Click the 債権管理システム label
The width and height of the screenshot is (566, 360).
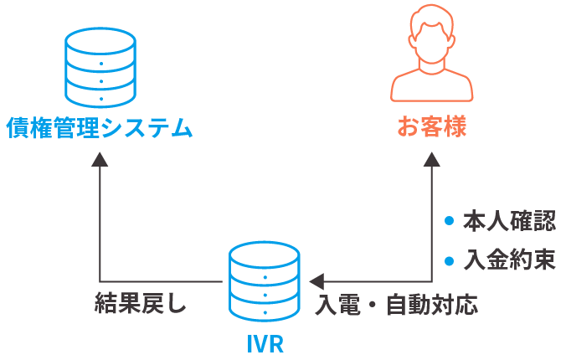(x=99, y=129)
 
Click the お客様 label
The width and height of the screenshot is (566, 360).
(x=431, y=129)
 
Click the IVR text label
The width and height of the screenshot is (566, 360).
(x=265, y=344)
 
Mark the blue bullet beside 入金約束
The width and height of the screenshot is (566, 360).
(x=449, y=260)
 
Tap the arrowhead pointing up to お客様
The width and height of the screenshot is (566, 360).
(x=431, y=161)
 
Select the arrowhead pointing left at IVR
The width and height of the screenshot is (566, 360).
(x=315, y=280)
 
